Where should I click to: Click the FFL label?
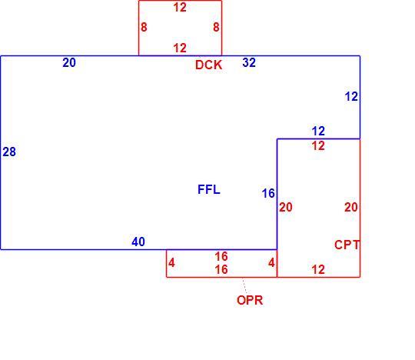pyautogui.click(x=209, y=189)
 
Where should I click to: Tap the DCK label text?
pyautogui.click(x=208, y=65)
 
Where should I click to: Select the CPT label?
pyautogui.click(x=347, y=245)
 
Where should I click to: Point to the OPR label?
pyautogui.click(x=250, y=300)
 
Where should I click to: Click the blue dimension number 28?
pyautogui.click(x=9, y=152)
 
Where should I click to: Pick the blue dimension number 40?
pyautogui.click(x=138, y=242)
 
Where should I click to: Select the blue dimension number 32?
pyautogui.click(x=249, y=62)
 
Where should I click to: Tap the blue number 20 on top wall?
pyautogui.click(x=69, y=63)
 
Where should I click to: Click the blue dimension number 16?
pyautogui.click(x=268, y=193)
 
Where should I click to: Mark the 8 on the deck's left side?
pyautogui.click(x=144, y=27)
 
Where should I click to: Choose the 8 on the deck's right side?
pyautogui.click(x=216, y=27)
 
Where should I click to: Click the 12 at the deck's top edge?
pyautogui.click(x=180, y=8)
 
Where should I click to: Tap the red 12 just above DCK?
pyautogui.click(x=180, y=48)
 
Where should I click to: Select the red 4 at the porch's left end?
pyautogui.click(x=171, y=263)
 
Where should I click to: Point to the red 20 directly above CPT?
pyautogui.click(x=351, y=207)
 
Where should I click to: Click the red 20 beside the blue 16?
pyautogui.click(x=286, y=207)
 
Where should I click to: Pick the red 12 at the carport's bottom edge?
pyautogui.click(x=318, y=270)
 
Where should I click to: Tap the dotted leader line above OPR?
pyautogui.click(x=244, y=285)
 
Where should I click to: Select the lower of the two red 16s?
pyautogui.click(x=221, y=270)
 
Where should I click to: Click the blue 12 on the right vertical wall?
pyautogui.click(x=351, y=97)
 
